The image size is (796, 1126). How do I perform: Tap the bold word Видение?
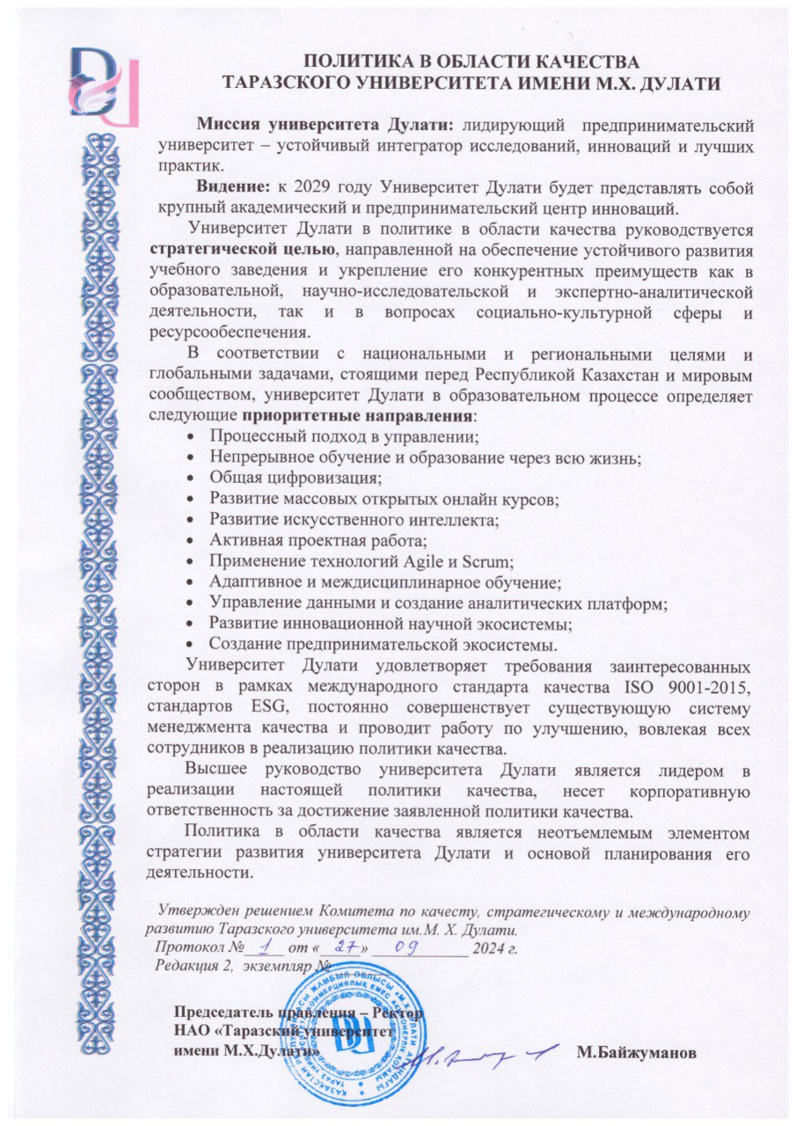tap(232, 187)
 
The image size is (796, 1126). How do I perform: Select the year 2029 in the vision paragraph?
tap(316, 187)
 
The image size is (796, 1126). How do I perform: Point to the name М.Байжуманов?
tap(636, 1051)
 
